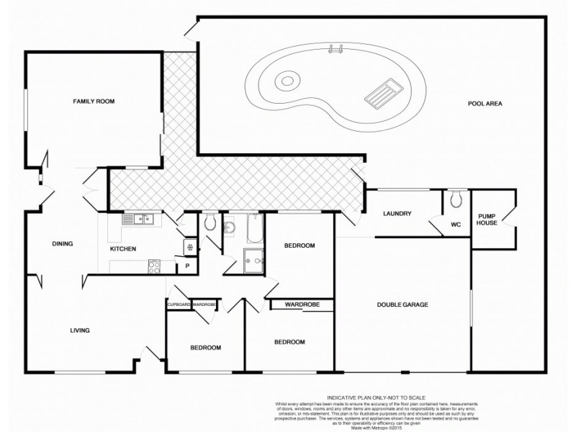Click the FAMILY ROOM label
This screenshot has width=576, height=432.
[94, 102]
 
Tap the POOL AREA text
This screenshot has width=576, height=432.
[485, 104]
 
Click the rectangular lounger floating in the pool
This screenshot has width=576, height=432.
[381, 92]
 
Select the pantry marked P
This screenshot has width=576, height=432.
[187, 266]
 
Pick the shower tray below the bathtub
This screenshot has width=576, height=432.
[253, 257]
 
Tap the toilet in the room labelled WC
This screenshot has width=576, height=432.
[455, 198]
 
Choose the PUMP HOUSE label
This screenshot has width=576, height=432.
[487, 220]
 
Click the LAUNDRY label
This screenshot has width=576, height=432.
[397, 213]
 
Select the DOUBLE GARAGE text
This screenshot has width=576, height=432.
[402, 305]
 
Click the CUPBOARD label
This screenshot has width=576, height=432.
[179, 305]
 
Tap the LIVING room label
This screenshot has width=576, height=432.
[79, 330]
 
